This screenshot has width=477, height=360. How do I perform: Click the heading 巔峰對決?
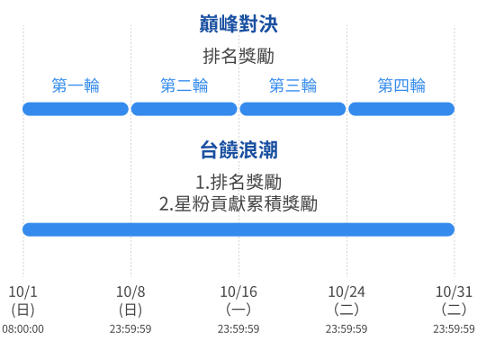coord(238,23)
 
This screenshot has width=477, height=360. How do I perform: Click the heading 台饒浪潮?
coord(238,149)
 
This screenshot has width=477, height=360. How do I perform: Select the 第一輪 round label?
coord(76,85)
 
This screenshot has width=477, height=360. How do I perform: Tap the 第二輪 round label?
coord(184,85)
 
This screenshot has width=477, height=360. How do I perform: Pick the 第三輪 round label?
coord(292,85)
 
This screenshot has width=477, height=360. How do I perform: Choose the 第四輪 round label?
coord(401,85)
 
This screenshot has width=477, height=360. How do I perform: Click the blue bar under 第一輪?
coord(76,109)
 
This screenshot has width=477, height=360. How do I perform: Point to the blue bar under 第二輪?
coord(184,109)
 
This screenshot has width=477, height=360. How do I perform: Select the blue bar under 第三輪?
coord(292,109)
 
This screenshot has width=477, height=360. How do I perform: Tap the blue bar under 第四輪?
coord(401,109)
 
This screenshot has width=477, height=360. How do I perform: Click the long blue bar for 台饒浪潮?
coord(238,229)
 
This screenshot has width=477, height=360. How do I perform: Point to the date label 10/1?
coord(22,292)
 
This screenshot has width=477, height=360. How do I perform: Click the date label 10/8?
coord(130,292)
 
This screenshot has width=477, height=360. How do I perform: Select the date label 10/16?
coord(238,292)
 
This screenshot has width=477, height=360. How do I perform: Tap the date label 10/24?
coord(346,292)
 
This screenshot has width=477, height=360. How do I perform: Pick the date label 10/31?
coord(454,292)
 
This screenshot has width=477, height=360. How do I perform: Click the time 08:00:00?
coord(22,329)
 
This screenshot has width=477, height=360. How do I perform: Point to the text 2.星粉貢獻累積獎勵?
coord(238,204)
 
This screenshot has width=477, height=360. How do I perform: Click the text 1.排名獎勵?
coord(238,182)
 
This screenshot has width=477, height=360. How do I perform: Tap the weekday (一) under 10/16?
coord(238,310)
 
